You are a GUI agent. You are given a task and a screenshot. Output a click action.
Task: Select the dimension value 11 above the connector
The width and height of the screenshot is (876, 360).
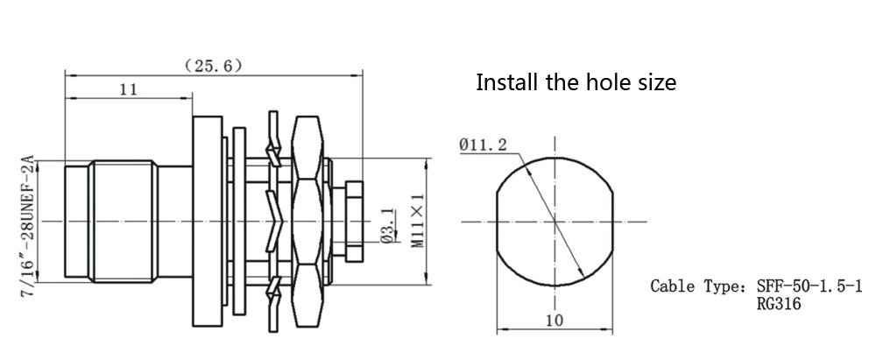coord(128,88)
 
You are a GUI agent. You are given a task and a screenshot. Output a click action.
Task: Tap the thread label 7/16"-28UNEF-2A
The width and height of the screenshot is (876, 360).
coord(25,226)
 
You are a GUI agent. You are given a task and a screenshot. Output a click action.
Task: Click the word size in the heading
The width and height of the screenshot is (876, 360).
coord(656,83)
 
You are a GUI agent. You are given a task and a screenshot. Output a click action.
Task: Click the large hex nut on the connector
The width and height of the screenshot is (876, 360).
coord(308,222)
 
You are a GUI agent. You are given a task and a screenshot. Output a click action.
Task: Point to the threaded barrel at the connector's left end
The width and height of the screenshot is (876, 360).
coord(123,222)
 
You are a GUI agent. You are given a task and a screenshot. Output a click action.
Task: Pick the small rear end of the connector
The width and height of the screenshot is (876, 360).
coord(353,222)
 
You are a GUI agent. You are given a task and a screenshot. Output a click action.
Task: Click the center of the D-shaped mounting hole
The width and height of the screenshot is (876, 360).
coord(555,221)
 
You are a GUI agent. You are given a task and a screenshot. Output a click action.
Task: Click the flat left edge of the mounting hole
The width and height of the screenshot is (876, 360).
coord(498,221)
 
